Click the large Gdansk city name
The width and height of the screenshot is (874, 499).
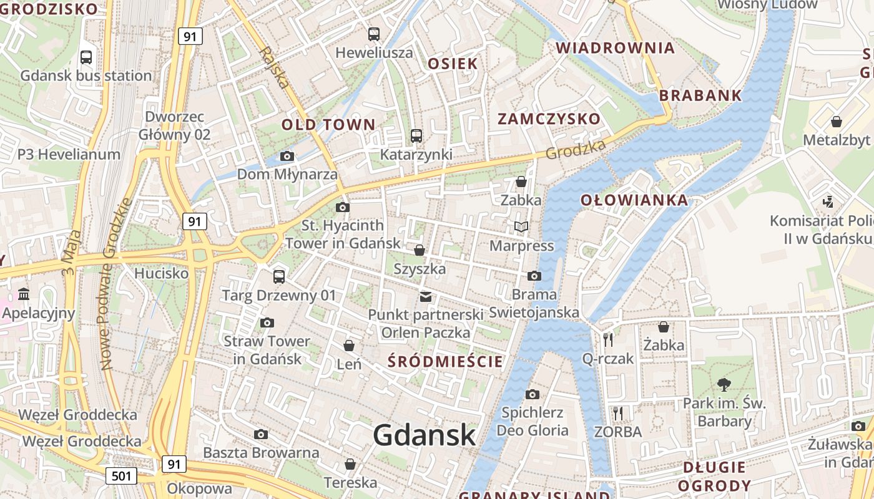coord(425,435)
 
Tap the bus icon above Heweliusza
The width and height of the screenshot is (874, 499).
coord(374,34)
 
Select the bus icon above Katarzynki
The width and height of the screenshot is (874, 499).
coord(416,135)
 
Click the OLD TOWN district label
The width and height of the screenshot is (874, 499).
coord(328,124)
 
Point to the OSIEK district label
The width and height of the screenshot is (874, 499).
coord(453,64)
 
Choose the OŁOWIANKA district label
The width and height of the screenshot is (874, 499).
coord(634,200)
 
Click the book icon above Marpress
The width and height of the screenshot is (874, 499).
coord(521,227)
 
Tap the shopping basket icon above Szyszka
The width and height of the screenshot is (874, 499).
coord(420,250)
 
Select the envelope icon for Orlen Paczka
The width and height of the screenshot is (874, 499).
coord(426,296)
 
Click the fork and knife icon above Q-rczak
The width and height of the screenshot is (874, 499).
coord(608,340)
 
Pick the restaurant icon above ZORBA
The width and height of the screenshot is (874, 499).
coord(618,413)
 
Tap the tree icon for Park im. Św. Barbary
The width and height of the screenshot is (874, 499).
coord(724,384)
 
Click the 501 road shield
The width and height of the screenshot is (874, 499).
coord(121,476)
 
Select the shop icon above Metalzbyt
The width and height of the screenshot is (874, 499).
coord(836,122)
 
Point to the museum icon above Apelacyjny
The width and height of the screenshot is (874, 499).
coord(24,294)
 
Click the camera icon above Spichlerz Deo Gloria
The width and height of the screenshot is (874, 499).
coord(533,394)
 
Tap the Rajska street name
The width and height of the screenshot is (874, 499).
coord(275,67)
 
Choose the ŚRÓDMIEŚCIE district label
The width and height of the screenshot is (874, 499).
coord(445,362)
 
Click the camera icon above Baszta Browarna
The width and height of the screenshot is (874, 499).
coord(261,434)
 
